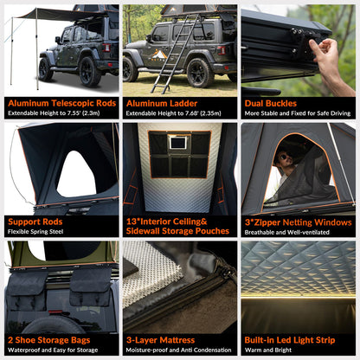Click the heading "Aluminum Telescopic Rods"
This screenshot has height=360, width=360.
point(62,103)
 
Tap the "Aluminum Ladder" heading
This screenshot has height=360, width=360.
point(162,103)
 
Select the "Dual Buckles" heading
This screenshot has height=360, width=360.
point(271,104)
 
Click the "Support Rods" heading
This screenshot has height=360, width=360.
point(35,222)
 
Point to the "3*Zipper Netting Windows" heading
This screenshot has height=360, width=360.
point(299,222)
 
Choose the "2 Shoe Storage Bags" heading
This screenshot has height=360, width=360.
point(49,340)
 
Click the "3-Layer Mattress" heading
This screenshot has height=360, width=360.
point(160,340)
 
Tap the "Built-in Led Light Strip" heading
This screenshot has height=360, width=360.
point(290,340)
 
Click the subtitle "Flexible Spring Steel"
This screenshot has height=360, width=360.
point(35,232)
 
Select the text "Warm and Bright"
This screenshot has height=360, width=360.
point(268,350)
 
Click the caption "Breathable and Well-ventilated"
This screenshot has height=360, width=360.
point(286,232)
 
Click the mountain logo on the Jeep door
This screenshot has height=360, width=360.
point(159,55)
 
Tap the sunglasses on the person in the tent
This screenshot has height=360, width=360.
point(281,159)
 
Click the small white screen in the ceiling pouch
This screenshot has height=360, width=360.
point(177,143)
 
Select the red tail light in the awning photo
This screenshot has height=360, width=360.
point(106,48)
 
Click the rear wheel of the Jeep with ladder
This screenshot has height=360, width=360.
point(200,73)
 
